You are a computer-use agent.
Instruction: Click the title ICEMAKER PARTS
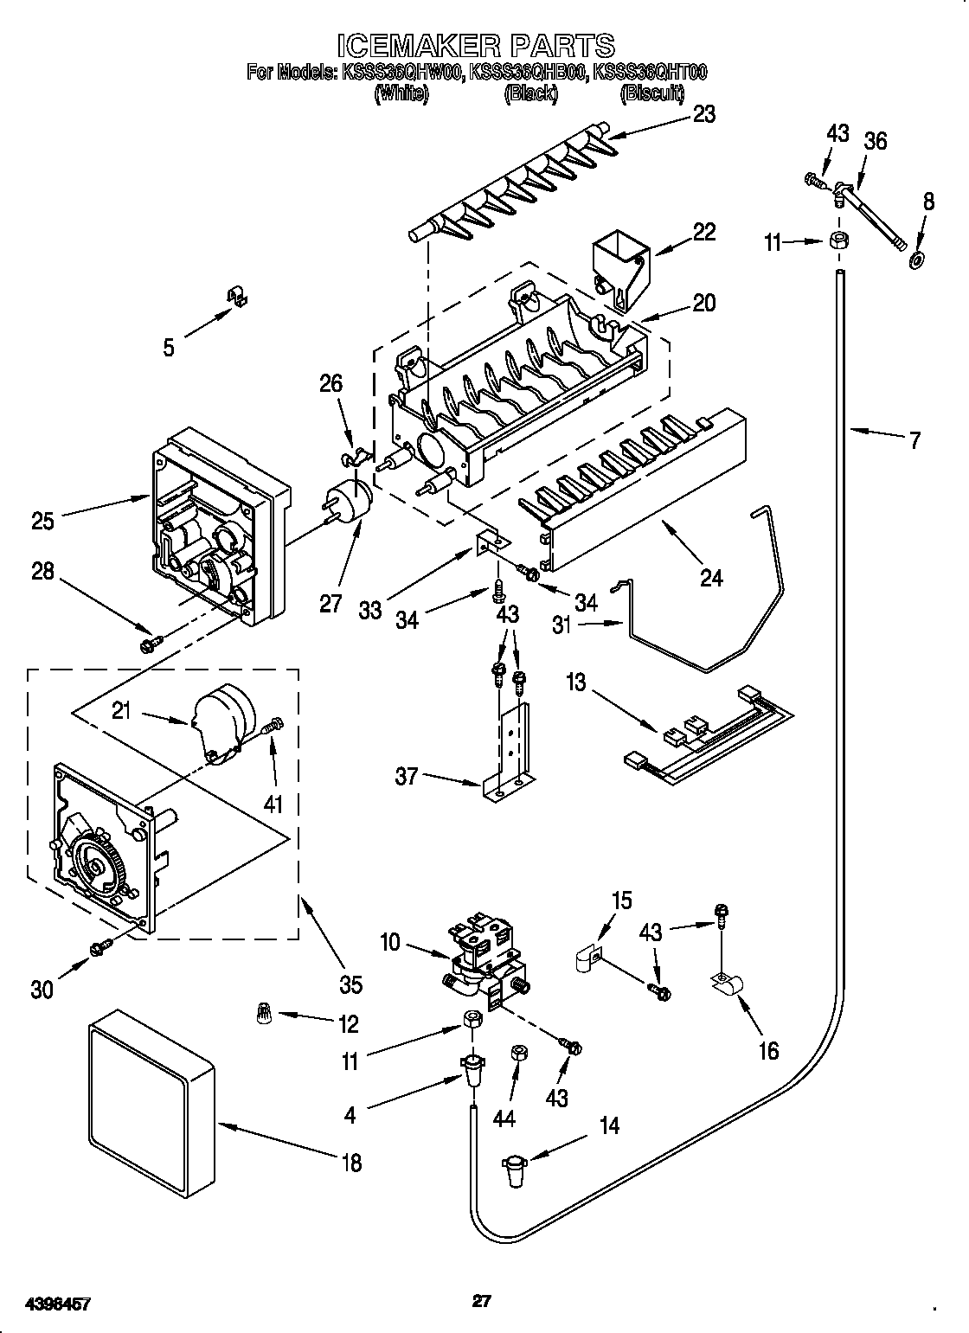tap(475, 44)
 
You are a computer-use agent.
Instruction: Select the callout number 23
tap(704, 114)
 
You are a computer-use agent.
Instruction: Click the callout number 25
tap(42, 521)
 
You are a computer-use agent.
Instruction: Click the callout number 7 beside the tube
tap(914, 440)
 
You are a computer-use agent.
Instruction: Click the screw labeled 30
tap(99, 949)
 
